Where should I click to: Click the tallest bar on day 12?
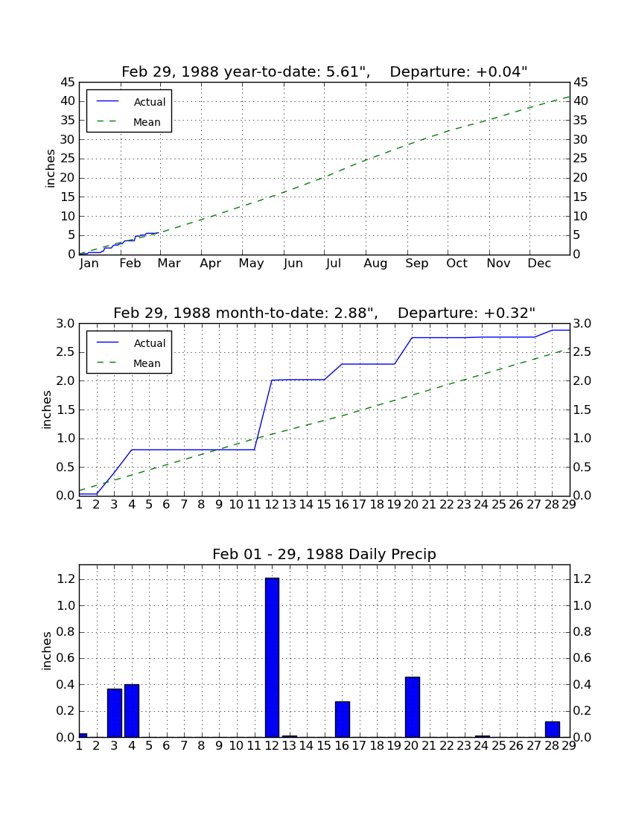coord(272,657)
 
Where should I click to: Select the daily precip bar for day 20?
coord(413,707)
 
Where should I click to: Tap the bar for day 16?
coord(343,719)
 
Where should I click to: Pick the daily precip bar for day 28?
coord(553,729)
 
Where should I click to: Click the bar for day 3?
coord(115,713)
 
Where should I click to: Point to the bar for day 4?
coord(132,710)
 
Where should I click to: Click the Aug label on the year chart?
coord(375,264)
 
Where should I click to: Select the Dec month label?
coord(539,264)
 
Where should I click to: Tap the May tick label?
coord(251,264)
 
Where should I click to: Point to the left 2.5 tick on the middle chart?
coord(66,352)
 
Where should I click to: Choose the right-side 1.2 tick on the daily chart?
coord(582,579)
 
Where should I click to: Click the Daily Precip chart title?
coord(325,554)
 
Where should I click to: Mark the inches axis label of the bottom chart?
coord(47,651)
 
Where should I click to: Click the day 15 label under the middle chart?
coord(324,505)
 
